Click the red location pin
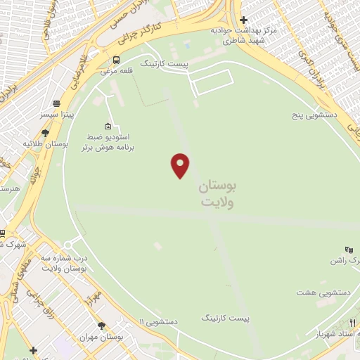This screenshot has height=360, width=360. click(x=181, y=165)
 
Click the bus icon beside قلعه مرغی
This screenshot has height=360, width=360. click(x=116, y=60)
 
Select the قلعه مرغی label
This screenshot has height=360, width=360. click(x=114, y=71)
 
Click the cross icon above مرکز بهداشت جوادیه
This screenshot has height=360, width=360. click(x=243, y=20)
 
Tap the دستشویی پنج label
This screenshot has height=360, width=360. click(x=316, y=113)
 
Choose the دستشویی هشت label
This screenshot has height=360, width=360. click(x=316, y=292)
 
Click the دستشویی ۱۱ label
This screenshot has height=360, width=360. click(x=158, y=321)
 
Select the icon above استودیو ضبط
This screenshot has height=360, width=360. click(x=107, y=124)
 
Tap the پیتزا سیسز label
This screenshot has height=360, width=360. click(x=56, y=114)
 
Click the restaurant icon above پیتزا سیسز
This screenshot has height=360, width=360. click(x=56, y=103)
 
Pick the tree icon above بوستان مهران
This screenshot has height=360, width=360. click(x=102, y=326)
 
